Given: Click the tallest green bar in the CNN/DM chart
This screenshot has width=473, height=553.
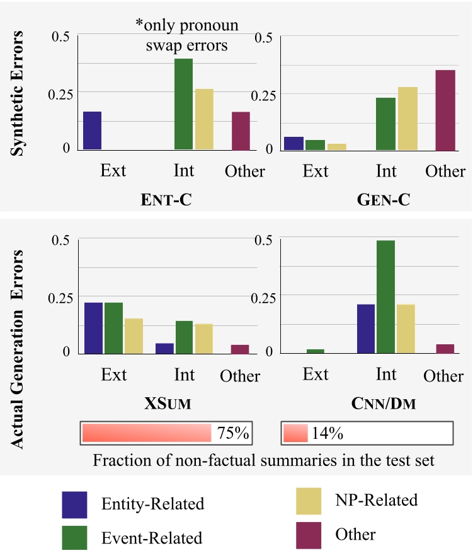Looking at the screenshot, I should point(385,296).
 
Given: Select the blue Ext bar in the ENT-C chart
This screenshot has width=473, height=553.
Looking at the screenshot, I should point(92,131).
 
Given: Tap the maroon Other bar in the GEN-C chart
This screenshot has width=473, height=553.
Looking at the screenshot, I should point(445,110).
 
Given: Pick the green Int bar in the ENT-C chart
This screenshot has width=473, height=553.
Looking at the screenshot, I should point(183,104).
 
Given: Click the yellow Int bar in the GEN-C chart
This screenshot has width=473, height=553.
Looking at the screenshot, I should point(407,119).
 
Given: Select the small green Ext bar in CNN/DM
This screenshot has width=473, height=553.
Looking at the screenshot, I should point(316,351).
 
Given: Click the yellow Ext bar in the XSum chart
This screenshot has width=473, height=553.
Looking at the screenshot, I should point(134,335).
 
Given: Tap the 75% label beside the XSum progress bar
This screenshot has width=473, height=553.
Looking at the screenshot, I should point(233,433).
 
